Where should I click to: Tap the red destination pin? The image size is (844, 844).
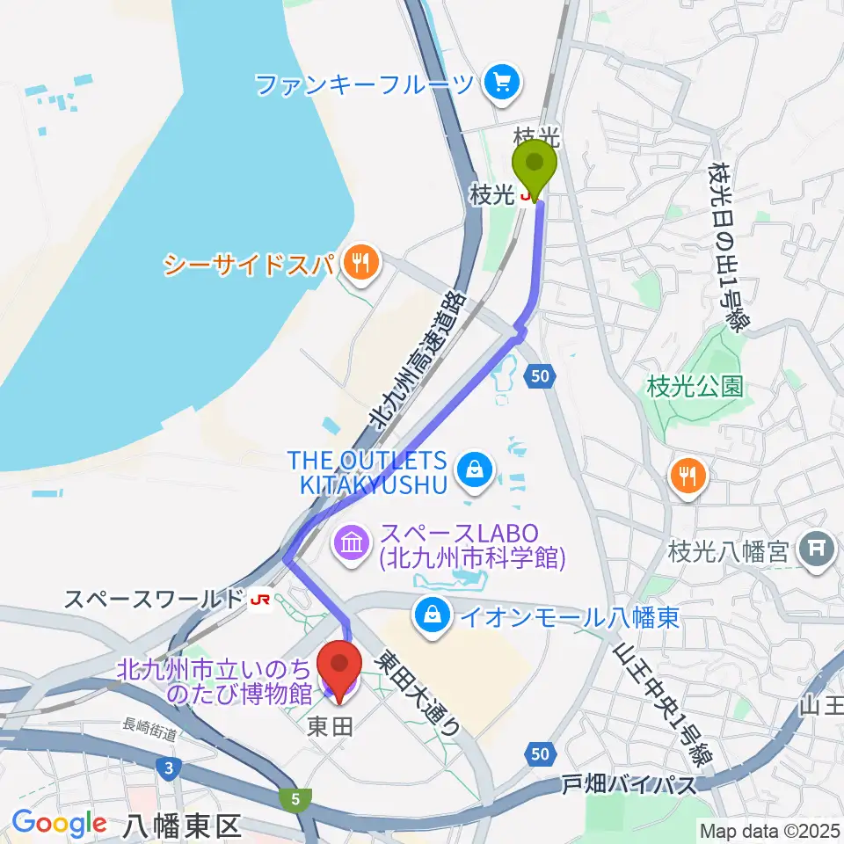(x=338, y=666)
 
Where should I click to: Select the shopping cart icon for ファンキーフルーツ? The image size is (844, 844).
(x=502, y=84)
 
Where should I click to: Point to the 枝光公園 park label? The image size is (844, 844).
(x=695, y=385)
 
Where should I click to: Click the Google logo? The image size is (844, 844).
(x=59, y=823)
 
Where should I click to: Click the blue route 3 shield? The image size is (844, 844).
(x=167, y=768)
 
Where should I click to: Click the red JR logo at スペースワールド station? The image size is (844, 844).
(x=259, y=600)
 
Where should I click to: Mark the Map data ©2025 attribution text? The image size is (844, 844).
(x=770, y=830)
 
